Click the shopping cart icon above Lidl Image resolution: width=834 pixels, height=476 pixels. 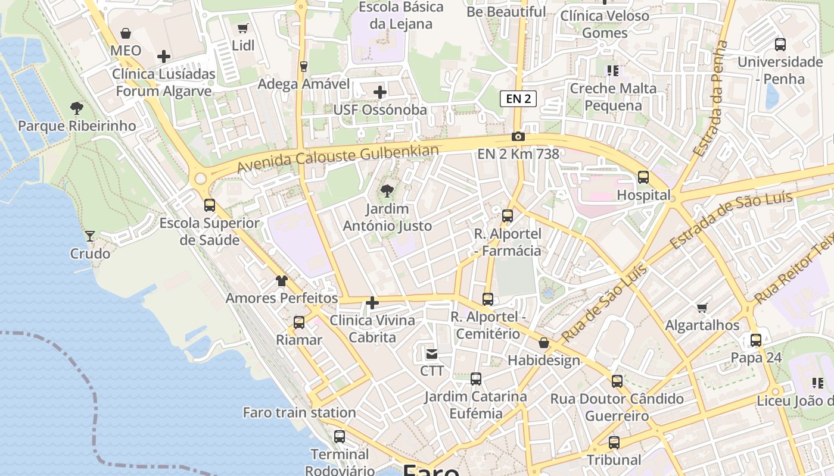[x=242, y=28]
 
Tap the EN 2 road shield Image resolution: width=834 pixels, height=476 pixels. [x=518, y=99]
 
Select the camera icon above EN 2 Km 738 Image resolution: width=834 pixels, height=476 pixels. [x=518, y=137]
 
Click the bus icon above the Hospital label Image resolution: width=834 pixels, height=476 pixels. [x=643, y=177]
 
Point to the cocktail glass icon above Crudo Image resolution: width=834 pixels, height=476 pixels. [x=89, y=236]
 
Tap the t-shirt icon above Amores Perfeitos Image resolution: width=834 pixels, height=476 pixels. [x=282, y=280]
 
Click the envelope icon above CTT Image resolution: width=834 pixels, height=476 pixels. [x=432, y=354]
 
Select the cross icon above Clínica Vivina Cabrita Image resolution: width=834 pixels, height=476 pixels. [x=372, y=303]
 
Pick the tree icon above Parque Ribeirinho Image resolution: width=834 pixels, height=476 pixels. [x=76, y=108]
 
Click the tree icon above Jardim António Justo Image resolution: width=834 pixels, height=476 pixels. [x=387, y=191]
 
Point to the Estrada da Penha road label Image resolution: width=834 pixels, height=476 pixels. [x=711, y=98]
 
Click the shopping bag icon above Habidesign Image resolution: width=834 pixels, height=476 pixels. [x=544, y=343]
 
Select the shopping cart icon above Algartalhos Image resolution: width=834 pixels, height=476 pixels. [x=702, y=308]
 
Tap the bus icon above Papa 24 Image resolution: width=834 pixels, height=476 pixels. [x=756, y=340]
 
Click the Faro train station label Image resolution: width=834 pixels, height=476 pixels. [x=299, y=412]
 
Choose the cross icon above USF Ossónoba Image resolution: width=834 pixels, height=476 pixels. [x=380, y=92]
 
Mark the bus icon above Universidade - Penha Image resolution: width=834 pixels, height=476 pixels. [x=780, y=44]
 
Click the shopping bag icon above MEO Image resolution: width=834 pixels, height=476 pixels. [x=126, y=33]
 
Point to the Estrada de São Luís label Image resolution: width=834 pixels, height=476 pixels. [x=732, y=220]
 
